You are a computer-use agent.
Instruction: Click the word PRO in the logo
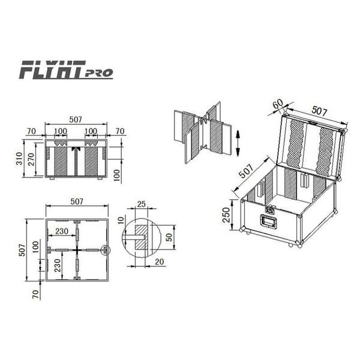[x=99, y=73]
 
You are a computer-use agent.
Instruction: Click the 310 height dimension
[x=19, y=158]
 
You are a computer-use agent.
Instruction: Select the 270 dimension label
[x=31, y=159]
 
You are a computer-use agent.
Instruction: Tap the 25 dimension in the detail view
[x=142, y=204]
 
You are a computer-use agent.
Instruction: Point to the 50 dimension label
[x=169, y=237]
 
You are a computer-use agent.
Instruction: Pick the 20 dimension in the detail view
[x=160, y=262]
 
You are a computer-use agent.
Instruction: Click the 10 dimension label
[x=121, y=220]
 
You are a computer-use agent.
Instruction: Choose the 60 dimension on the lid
[x=278, y=104]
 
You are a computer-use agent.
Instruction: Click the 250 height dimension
[x=226, y=215]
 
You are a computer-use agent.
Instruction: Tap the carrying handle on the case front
[x=268, y=221]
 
